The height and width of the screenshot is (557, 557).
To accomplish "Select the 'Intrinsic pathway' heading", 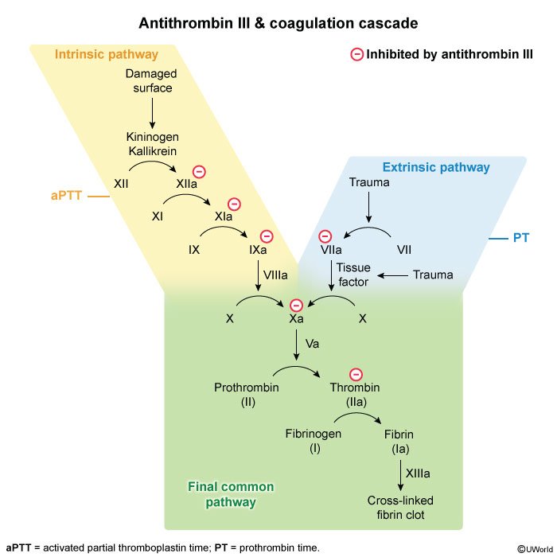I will (x=106, y=55).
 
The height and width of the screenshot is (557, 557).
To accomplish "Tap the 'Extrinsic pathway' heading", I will (x=436, y=167).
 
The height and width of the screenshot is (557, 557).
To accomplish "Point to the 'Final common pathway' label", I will (x=230, y=494).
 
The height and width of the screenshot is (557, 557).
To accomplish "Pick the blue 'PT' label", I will (x=521, y=237).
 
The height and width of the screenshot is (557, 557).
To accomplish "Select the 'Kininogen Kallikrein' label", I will (x=152, y=143).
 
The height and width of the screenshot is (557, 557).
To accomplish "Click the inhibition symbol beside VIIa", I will (x=325, y=236).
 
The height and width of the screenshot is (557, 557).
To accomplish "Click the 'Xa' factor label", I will (x=296, y=318).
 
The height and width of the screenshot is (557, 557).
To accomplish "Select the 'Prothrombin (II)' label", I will (x=247, y=395).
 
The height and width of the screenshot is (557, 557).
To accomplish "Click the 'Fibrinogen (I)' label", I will (x=314, y=441).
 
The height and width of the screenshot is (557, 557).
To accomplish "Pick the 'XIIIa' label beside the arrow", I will (x=418, y=474).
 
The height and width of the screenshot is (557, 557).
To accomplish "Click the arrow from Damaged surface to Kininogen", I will (x=152, y=112).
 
